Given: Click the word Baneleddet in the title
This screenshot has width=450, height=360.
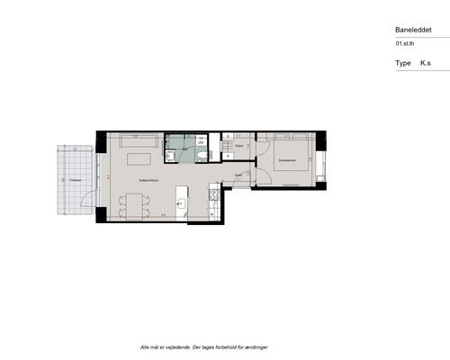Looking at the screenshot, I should click(x=413, y=29).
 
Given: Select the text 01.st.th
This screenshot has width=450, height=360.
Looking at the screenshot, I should click(x=405, y=43).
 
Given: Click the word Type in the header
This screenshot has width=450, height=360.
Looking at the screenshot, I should click(x=402, y=64).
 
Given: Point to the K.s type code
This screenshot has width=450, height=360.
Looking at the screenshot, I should click(x=426, y=64).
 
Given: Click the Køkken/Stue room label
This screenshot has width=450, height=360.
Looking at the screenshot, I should click(x=148, y=180).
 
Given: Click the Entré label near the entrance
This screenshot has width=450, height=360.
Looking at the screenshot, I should click(x=238, y=175).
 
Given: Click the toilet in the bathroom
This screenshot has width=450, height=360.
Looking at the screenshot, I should click(x=198, y=156).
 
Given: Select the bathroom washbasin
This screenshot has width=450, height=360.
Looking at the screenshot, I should click(x=171, y=157).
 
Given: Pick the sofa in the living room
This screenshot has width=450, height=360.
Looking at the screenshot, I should click(x=138, y=141).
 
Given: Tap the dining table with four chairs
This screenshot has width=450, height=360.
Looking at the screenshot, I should click(x=131, y=206).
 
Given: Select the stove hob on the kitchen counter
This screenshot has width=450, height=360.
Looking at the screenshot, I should click(x=212, y=193).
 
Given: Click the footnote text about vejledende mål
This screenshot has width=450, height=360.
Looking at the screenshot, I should click(x=204, y=346).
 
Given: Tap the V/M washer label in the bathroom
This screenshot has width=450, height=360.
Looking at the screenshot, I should click(x=202, y=142).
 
